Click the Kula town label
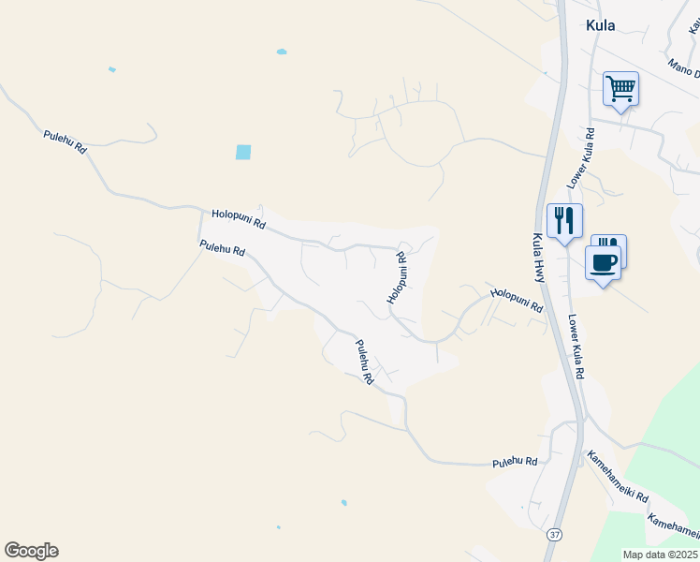pyautogui.click(x=600, y=25)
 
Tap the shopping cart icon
pyautogui.click(x=620, y=89)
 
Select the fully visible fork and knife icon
pyautogui.click(x=564, y=221)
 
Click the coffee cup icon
pyautogui.click(x=604, y=262)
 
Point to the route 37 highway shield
pyautogui.click(x=556, y=534)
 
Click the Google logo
pyautogui.click(x=31, y=551)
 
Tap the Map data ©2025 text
pyautogui.click(x=661, y=555)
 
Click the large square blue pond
pyautogui.click(x=243, y=152)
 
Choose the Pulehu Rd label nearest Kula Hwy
pyautogui.click(x=516, y=462)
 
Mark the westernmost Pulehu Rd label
pyautogui.click(x=65, y=142)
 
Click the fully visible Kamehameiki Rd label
pyautogui.click(x=617, y=477)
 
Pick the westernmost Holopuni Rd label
pyautogui.click(x=239, y=219)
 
